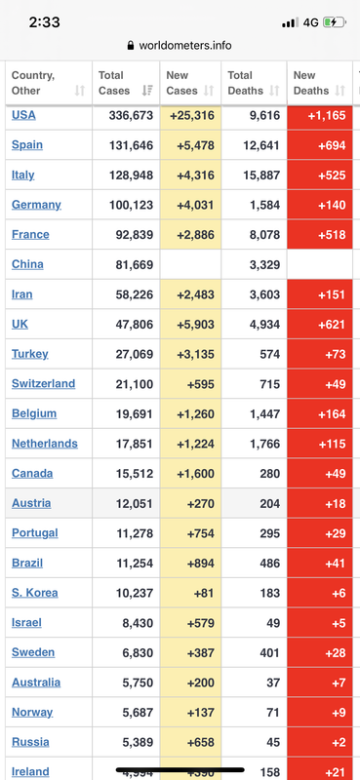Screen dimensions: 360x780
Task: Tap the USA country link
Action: click(23, 115)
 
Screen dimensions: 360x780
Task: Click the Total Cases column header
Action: click(114, 83)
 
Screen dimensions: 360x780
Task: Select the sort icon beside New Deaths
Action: click(340, 91)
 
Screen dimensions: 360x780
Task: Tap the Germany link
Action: click(36, 205)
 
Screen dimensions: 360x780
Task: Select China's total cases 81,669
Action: click(135, 264)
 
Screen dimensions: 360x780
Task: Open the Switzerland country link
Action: click(43, 383)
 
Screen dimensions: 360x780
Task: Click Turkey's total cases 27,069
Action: click(135, 354)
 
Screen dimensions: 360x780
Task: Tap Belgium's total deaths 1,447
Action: click(265, 413)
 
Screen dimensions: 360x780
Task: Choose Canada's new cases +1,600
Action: click(195, 474)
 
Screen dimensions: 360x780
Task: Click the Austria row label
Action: click(31, 503)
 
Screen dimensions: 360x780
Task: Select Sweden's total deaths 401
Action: click(270, 652)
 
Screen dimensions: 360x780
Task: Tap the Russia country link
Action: click(30, 742)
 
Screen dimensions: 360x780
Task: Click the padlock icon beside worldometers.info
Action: click(131, 46)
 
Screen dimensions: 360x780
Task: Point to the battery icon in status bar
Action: click(334, 22)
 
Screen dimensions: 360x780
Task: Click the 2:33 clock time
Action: click(44, 22)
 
